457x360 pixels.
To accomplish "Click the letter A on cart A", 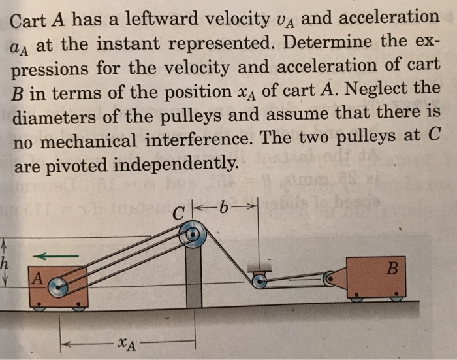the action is [x=38, y=278].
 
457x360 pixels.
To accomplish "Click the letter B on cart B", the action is [x=392, y=269].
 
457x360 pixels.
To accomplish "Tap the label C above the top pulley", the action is [x=178, y=214].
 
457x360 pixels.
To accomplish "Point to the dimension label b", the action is [x=223, y=208].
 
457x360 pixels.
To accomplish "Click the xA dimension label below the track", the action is [x=127, y=344].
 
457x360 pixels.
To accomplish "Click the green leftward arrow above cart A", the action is [x=55, y=256].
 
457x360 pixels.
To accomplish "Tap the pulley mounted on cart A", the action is [x=58, y=287].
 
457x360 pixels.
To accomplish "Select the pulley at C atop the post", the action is [x=193, y=235].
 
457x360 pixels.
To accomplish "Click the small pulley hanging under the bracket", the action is [x=259, y=282].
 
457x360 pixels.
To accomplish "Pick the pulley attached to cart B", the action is [x=329, y=278].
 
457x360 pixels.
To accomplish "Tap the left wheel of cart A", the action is [x=39, y=306].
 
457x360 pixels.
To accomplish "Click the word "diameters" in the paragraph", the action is [x=54, y=117].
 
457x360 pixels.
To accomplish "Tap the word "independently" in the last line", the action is [x=174, y=165].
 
